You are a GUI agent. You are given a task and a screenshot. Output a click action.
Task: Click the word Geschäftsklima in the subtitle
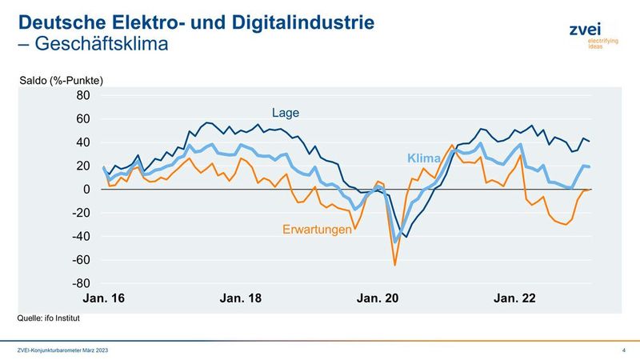(102, 44)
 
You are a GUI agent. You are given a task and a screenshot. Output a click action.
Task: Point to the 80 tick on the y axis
(83, 96)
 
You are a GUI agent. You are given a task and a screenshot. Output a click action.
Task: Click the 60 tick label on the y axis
(83, 119)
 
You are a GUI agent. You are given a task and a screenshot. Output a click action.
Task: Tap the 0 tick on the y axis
(86, 190)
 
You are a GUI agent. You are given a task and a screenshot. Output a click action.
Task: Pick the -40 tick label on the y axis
(82, 237)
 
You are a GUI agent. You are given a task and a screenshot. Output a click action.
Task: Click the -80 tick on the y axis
(82, 284)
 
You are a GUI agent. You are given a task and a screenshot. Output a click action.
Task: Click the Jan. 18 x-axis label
(240, 299)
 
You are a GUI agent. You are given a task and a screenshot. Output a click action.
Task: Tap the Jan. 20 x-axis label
(378, 299)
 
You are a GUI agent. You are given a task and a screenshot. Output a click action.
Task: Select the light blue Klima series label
(424, 158)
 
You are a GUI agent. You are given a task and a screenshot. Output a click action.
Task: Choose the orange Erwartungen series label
(318, 230)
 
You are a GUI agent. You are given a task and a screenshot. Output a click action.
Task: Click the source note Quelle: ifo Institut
(49, 318)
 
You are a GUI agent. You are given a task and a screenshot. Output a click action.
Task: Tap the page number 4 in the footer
(622, 351)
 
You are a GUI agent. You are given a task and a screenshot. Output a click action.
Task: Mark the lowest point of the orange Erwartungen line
(395, 264)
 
